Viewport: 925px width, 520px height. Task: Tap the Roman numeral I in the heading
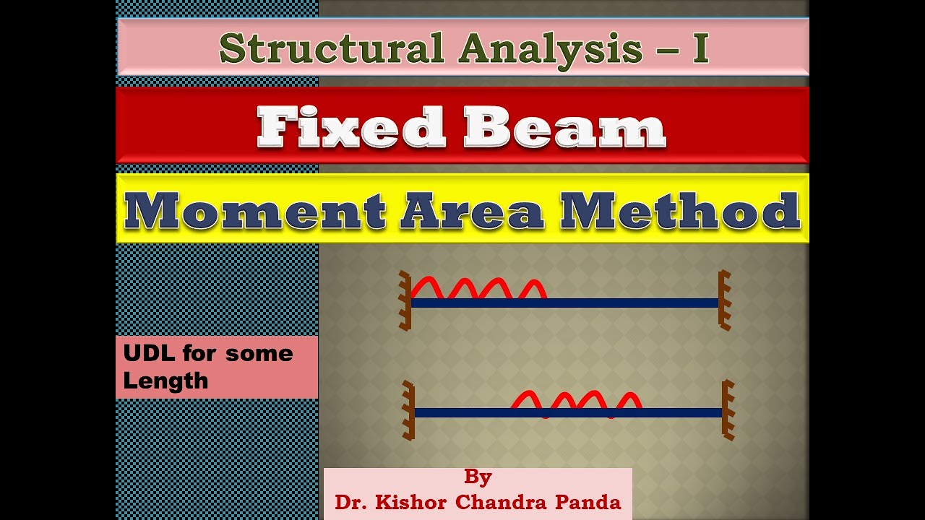pos(700,49)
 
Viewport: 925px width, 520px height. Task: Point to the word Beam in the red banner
pos(564,128)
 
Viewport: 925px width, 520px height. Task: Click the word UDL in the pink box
pos(149,353)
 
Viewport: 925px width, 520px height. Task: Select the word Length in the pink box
pos(165,381)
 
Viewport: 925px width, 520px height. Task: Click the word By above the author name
pos(478,477)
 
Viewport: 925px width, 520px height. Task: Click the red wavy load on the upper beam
pos(478,288)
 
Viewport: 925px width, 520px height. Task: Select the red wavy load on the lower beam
pos(576,402)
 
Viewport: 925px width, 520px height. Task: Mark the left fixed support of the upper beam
pos(405,300)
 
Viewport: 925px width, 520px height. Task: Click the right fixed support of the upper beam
pos(724,300)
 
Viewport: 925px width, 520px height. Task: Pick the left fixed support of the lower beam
pos(408,410)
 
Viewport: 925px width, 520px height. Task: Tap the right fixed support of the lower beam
pos(727,410)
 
